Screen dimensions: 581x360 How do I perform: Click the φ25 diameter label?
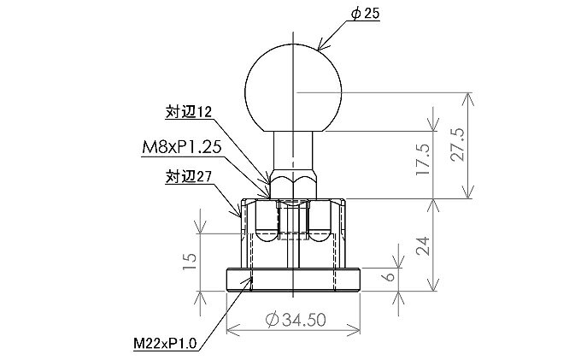pyautogui.click(x=365, y=14)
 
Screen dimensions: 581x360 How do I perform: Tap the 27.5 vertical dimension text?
pyautogui.click(x=458, y=145)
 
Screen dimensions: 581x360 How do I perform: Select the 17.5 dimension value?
pyautogui.click(x=423, y=160)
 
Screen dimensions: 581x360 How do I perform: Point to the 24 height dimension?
pyautogui.click(x=423, y=245)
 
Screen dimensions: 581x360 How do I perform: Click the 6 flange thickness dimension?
pyautogui.click(x=390, y=276)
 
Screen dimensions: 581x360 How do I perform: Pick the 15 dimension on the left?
pyautogui.click(x=190, y=262)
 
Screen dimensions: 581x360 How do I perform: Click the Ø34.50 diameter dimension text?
pyautogui.click(x=296, y=320)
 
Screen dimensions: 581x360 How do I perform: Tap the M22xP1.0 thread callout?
pyautogui.click(x=165, y=343)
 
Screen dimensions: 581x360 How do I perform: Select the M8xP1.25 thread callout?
pyautogui.click(x=181, y=148)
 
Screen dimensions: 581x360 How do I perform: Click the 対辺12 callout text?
pyautogui.click(x=188, y=112)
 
